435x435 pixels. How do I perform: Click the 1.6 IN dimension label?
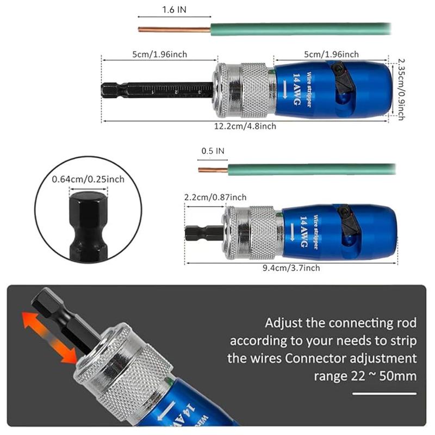tap(174, 10)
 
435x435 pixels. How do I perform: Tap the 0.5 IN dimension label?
tap(213, 151)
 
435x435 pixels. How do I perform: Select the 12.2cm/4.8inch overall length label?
tap(245, 126)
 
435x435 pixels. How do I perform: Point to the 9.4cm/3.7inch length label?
tap(291, 268)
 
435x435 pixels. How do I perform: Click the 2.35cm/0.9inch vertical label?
tap(401, 89)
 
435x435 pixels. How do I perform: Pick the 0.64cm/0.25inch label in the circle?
tap(88, 179)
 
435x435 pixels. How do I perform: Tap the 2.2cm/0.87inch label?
tap(215, 197)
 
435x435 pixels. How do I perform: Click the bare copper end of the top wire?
tap(175, 29)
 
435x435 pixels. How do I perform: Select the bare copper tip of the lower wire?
tap(213, 170)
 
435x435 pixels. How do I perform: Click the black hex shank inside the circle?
tap(88, 226)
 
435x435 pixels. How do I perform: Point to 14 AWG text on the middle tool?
tap(304, 232)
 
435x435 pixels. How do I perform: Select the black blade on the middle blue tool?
tap(349, 221)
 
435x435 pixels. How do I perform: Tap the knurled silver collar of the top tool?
tap(254, 90)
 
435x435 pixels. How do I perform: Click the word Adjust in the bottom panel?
tap(283, 324)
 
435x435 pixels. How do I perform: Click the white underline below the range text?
tap(384, 393)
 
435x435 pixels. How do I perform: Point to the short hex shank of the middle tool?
tap(204, 233)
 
